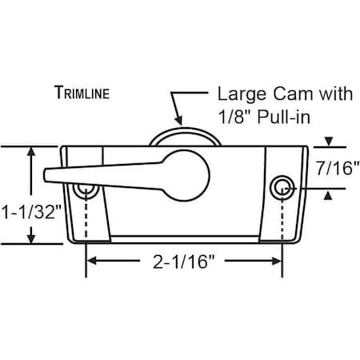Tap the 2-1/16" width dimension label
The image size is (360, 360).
pyautogui.click(x=183, y=261)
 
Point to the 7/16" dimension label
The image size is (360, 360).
pyautogui.click(x=337, y=169)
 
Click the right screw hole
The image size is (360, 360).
pyautogui.click(x=281, y=187)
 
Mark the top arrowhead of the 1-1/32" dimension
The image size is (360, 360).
pyautogui.click(x=32, y=151)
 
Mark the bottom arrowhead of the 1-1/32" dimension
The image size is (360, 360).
pyautogui.click(x=32, y=239)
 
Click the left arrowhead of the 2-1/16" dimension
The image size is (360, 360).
pyautogui.click(x=91, y=261)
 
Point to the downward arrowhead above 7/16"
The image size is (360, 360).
pyautogui.click(x=329, y=144)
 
